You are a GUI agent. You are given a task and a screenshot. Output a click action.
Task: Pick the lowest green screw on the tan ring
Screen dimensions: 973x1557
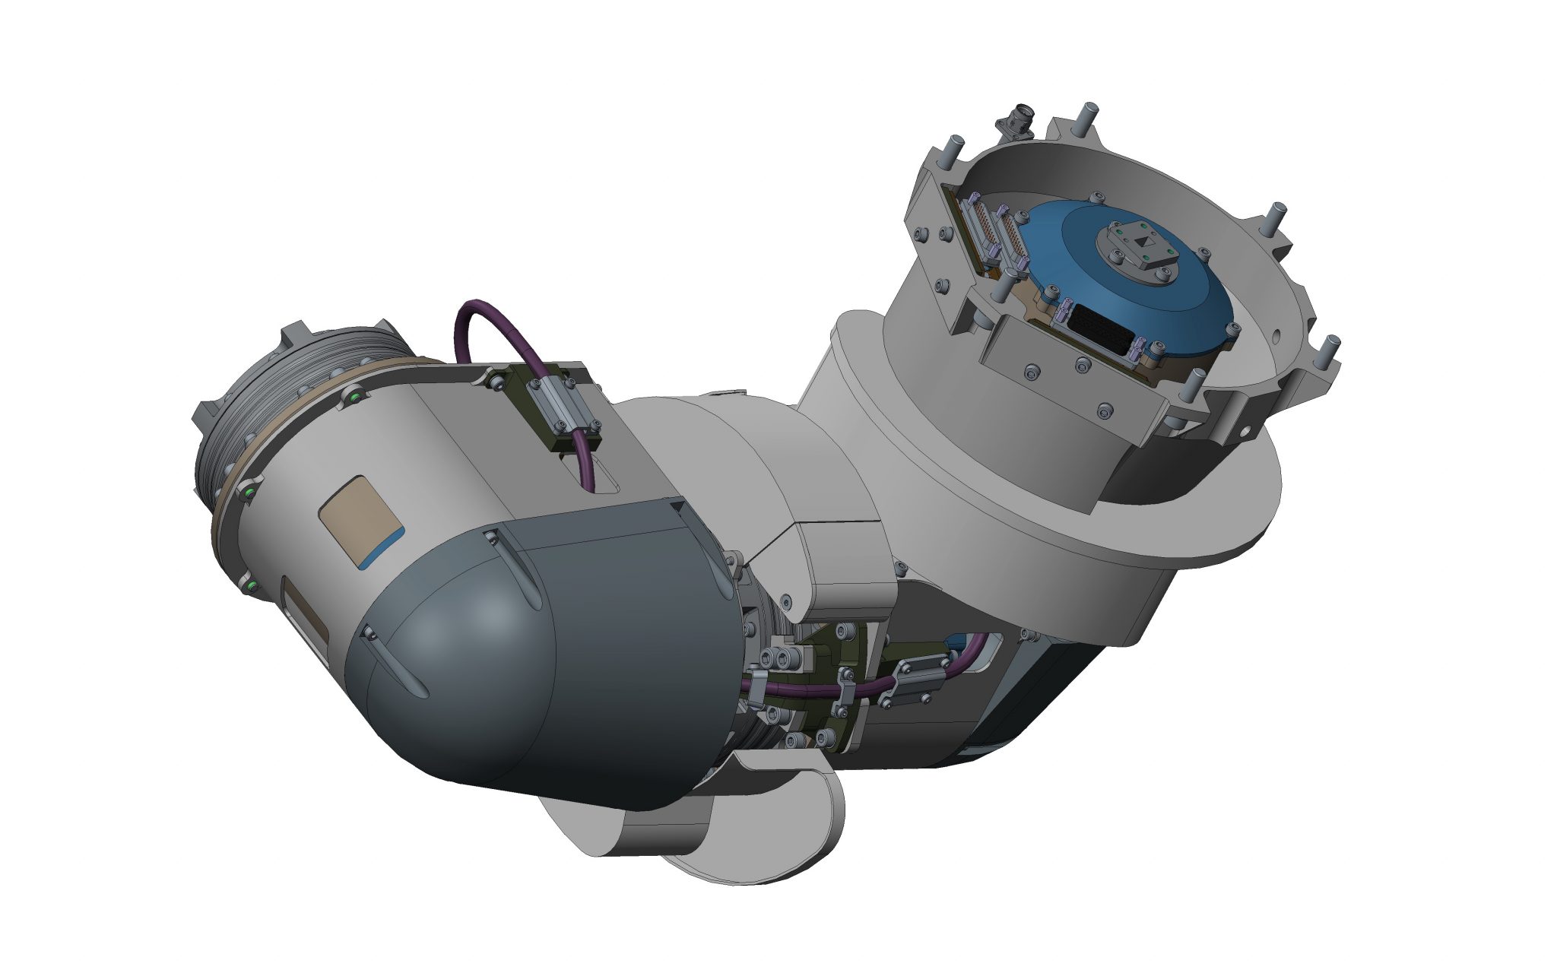pyautogui.click(x=252, y=586)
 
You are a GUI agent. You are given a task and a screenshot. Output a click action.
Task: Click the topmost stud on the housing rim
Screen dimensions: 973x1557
pyautogui.click(x=1090, y=114)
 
